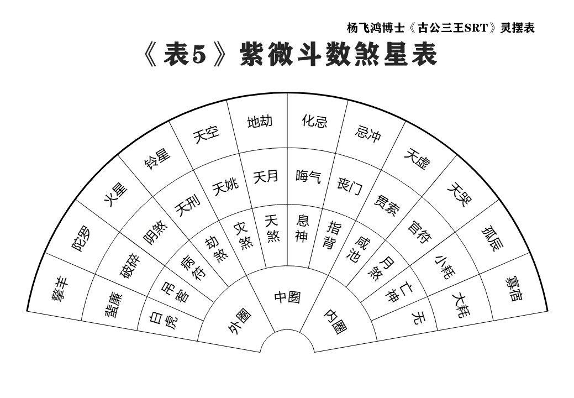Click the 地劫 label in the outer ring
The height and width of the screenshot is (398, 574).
[x=260, y=122]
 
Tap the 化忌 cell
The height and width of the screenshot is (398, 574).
[x=314, y=121]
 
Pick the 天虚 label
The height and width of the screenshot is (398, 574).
[x=417, y=159]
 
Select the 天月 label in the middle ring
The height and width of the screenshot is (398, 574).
[x=266, y=176]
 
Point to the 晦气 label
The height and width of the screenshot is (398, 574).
[x=309, y=176]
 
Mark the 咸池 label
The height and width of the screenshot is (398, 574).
[x=358, y=249]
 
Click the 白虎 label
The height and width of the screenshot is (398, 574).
[x=164, y=320]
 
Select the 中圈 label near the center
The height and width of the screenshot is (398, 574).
[x=288, y=297]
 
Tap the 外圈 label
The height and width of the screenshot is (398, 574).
[x=240, y=321]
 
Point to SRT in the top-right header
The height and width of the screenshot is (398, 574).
[x=477, y=28]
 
